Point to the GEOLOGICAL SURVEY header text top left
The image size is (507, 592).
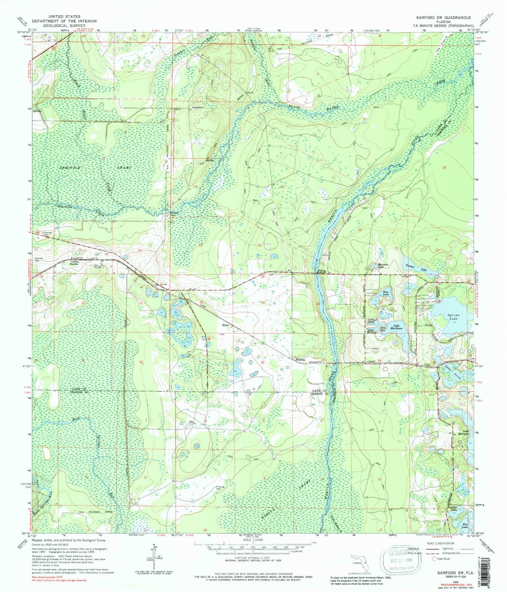pyautogui.click(x=65, y=26)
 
